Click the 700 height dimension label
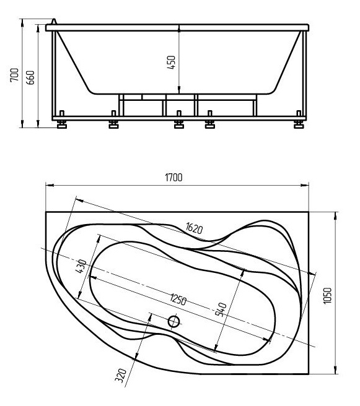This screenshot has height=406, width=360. (14, 75)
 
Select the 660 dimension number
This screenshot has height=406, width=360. (30, 77)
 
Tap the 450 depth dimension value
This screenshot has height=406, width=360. (171, 62)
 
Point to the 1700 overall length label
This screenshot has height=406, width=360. (173, 178)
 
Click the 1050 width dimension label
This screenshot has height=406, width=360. (328, 296)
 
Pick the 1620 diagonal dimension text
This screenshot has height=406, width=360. (195, 228)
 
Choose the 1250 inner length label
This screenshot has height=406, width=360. (178, 300)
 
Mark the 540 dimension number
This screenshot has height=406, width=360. (221, 309)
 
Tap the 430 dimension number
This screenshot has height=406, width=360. (81, 266)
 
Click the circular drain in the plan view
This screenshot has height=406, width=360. (174, 322)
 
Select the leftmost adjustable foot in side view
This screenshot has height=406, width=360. (62, 122)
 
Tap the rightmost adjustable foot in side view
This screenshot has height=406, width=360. (299, 122)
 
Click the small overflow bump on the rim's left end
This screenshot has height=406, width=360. (54, 21)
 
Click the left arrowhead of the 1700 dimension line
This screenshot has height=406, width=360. (50, 185)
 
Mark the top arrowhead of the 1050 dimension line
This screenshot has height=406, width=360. (336, 215)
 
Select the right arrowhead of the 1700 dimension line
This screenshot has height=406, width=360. (305, 185)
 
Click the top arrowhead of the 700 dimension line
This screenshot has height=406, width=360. (22, 22)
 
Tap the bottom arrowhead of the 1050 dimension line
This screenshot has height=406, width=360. (336, 370)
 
